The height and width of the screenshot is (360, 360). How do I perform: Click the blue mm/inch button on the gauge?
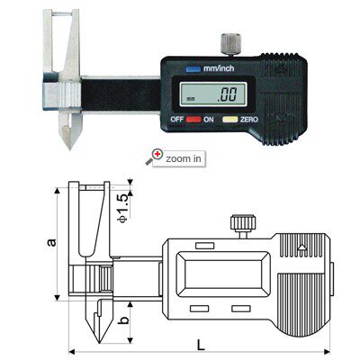193,69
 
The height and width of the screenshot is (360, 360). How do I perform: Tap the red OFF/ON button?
193,120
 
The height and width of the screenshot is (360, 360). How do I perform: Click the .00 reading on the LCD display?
227,94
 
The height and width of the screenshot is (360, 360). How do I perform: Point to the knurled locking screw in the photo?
230,44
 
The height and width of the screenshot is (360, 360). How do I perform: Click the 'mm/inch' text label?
219,68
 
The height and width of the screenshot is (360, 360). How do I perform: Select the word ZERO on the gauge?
249,120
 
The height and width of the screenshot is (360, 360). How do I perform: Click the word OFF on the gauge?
177,119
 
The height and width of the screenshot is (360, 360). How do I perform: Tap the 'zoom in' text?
184,158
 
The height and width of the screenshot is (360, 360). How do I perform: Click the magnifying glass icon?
154,157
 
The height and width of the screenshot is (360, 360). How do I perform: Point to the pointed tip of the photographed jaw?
69,148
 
